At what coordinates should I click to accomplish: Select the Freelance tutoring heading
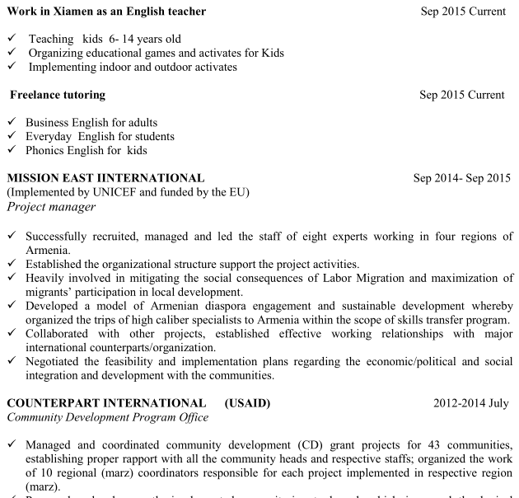(x=58, y=95)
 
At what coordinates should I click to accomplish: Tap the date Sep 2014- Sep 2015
(x=461, y=178)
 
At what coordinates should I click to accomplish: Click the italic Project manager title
(x=50, y=207)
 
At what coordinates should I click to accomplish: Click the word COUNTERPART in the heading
(x=54, y=403)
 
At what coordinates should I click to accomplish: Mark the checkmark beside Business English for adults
(x=11, y=123)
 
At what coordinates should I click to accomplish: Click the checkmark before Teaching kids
(x=11, y=39)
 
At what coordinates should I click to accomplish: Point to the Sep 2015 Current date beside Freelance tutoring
(x=461, y=95)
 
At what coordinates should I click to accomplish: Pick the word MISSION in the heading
(x=34, y=178)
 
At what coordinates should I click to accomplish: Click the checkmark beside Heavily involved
(x=11, y=278)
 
